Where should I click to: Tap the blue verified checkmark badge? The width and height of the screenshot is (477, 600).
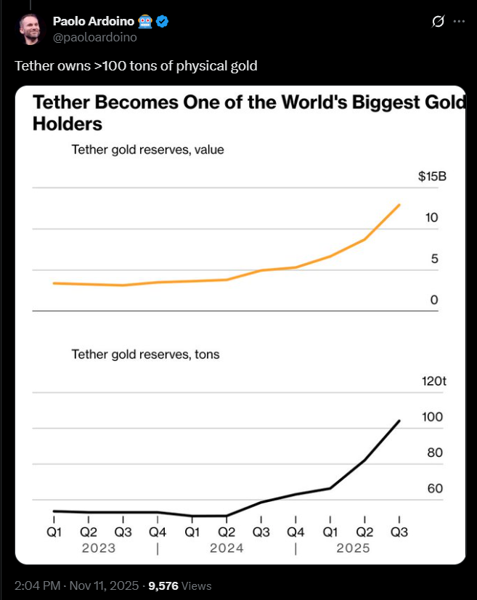163,21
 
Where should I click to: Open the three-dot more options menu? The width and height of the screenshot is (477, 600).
459,21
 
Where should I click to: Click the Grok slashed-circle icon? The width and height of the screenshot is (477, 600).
437,21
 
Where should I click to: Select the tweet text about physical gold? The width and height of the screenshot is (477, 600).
136,66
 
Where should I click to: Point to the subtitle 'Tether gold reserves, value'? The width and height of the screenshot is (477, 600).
147,150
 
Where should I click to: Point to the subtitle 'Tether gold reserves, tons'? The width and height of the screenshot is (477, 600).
145,354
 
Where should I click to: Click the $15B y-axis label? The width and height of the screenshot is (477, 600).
432,177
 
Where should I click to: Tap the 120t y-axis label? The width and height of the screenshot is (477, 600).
433,381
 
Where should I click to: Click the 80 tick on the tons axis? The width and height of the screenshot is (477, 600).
435,453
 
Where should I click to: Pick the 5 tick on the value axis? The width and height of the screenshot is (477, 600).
434,259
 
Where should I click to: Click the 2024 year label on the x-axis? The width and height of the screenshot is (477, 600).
227,548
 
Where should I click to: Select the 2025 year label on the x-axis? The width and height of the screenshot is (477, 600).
353,548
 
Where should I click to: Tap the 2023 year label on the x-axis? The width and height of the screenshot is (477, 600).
98,548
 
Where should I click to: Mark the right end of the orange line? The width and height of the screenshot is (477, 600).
400,205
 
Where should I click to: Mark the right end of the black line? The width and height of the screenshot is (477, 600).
400,421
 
